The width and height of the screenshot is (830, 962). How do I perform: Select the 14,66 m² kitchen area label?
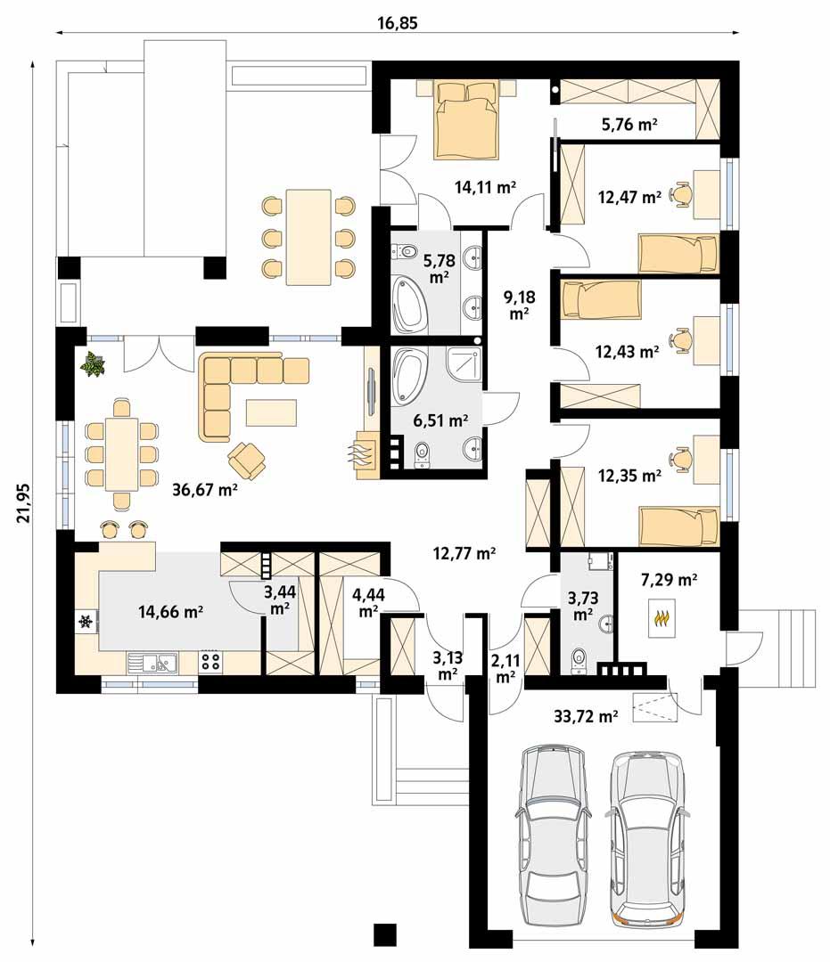(x=171, y=611)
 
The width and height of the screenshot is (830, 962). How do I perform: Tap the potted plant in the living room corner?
(x=94, y=363)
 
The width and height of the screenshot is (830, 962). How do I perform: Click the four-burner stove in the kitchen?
(x=211, y=661)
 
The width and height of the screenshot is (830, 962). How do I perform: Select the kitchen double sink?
(x=153, y=661)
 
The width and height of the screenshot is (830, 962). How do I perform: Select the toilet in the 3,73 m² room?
(x=577, y=657)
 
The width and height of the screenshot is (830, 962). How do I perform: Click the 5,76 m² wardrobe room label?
(x=629, y=125)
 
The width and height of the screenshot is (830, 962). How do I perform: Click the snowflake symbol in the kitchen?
(x=86, y=622)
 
